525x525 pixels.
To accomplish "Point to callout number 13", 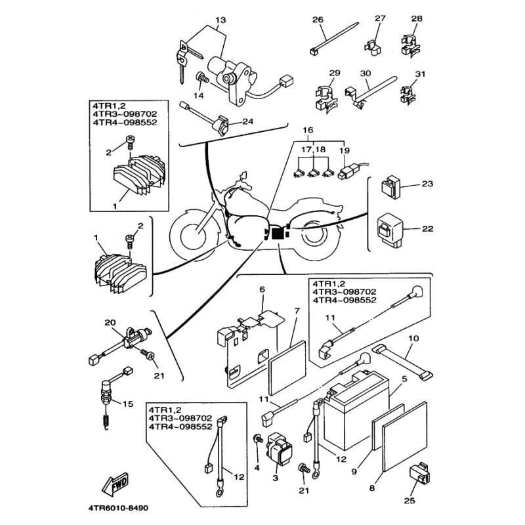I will click(x=219, y=20).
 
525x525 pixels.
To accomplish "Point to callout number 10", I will click(x=413, y=339).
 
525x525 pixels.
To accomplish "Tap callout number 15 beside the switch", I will click(x=127, y=404).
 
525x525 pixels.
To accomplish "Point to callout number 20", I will click(x=110, y=322).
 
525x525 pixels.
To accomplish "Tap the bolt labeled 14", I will click(x=201, y=80).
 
